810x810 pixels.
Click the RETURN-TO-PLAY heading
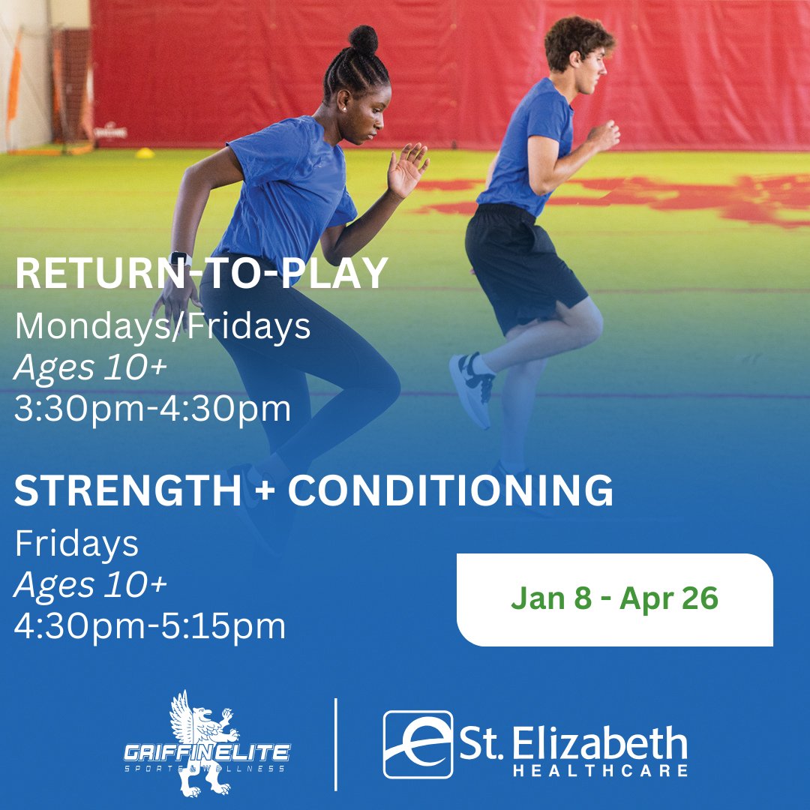tap(201, 275)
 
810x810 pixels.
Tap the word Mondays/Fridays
tap(163, 327)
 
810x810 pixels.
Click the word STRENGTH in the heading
tap(127, 491)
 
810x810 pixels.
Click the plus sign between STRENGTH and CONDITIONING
tap(265, 492)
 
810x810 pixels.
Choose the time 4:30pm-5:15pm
tap(150, 627)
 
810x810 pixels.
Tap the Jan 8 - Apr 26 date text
tap(614, 599)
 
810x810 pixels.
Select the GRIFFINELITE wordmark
tap(206, 751)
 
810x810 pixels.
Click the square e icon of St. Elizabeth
tap(418, 745)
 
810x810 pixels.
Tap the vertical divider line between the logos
tap(335, 744)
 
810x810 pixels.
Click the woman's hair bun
tap(363, 38)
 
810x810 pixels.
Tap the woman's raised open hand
tap(408, 169)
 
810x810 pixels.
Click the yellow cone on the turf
tap(145, 153)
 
